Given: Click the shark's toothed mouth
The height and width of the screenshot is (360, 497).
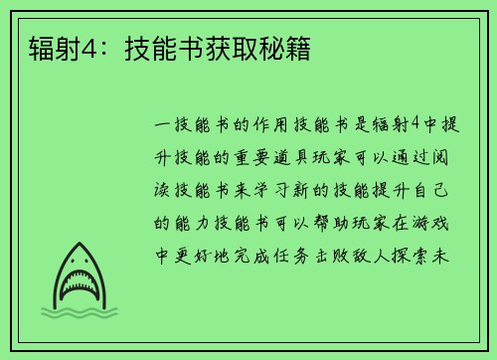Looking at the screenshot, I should [x=77, y=289].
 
